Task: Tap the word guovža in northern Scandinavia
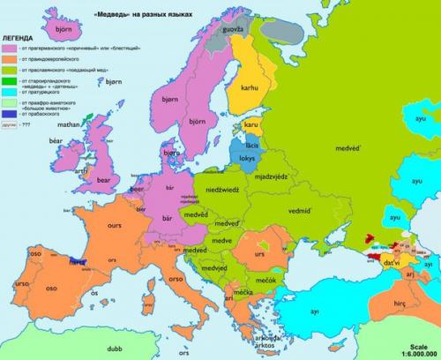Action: [233, 31]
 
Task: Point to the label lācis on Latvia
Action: [250, 144]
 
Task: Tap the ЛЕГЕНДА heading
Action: [19, 41]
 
